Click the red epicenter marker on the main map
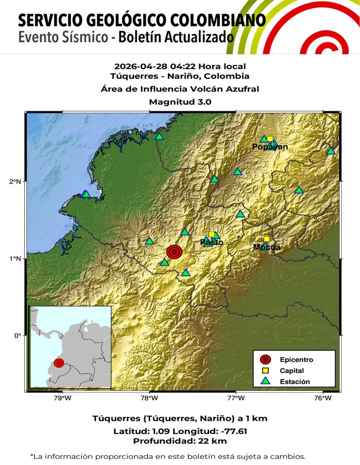[174, 252]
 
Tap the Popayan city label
[270, 147]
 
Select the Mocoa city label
[267, 247]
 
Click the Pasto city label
[212, 242]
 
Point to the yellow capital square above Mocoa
[267, 239]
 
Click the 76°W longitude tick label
[323, 398]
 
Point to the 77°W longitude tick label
[236, 398]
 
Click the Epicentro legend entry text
[297, 360]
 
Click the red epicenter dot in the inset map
[59, 362]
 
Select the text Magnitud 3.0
[180, 102]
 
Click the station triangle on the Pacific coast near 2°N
[86, 194]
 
